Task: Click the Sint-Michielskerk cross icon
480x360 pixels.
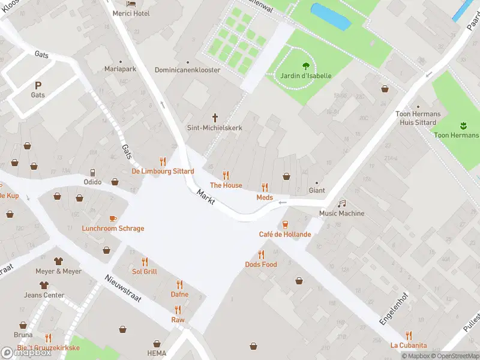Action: point(215,118)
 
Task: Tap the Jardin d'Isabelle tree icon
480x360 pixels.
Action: point(306,66)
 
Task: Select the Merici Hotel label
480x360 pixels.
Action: point(131,13)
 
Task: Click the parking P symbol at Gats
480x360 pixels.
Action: point(38,86)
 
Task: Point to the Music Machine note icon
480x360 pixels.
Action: point(341,204)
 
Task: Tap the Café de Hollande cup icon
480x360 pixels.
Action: point(285,224)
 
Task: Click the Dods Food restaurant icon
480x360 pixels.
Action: point(261,255)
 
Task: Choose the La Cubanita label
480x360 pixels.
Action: point(409,345)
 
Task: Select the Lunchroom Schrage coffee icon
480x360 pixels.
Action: point(113,218)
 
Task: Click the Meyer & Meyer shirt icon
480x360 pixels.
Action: point(58,261)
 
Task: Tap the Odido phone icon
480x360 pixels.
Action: point(92,173)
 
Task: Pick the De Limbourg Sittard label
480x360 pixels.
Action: point(163,171)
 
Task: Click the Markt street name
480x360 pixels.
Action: point(206,195)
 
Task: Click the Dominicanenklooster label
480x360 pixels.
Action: point(187,70)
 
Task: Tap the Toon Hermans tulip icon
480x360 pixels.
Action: point(463,125)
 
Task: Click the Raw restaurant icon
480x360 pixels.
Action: point(178,310)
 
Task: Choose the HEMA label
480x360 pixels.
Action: point(156,353)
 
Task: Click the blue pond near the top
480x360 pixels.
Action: point(330,16)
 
